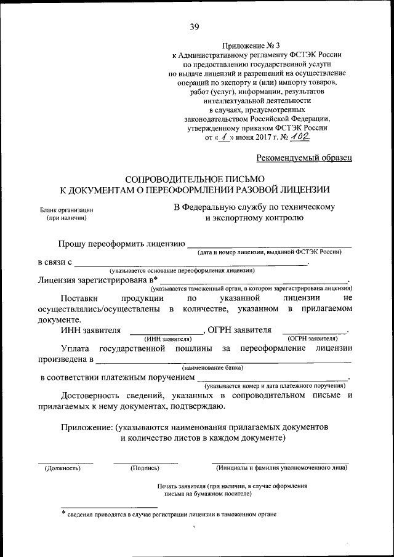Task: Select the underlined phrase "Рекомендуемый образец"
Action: point(304,158)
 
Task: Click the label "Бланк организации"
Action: point(66,210)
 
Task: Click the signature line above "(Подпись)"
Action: point(145,461)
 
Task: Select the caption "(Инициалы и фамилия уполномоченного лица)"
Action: point(280,468)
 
